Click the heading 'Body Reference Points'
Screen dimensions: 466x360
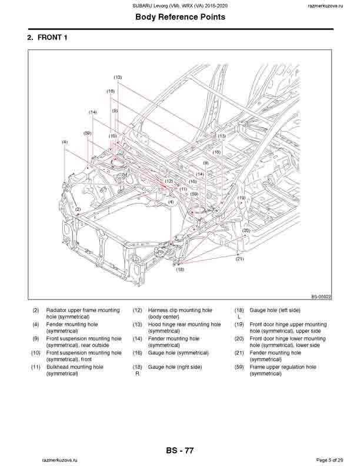click(180, 17)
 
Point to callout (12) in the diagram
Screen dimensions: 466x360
click(169, 181)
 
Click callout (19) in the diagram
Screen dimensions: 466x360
click(241, 198)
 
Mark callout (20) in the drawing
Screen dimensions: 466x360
click(246, 231)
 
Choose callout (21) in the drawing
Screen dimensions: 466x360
click(239, 259)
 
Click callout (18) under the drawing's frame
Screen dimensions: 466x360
click(180, 269)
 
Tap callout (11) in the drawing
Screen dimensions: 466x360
click(184, 189)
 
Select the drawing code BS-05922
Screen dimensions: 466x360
click(321, 297)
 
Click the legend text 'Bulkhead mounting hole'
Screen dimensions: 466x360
click(75, 367)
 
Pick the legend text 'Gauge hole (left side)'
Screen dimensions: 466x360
click(275, 309)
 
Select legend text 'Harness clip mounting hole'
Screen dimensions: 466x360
click(179, 309)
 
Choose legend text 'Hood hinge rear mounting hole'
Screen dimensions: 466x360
click(184, 324)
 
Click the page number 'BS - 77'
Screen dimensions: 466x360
click(180, 451)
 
